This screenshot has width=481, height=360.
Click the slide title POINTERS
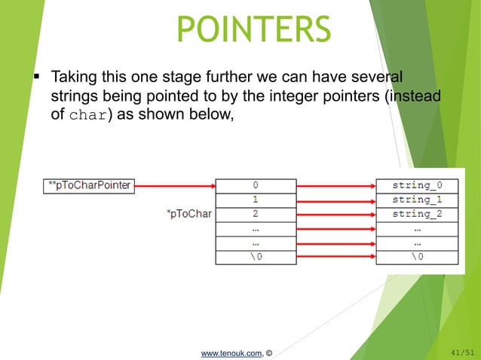point(253,29)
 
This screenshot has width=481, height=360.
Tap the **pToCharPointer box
point(87,185)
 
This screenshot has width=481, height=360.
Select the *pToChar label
point(188,213)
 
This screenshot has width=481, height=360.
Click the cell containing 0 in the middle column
point(255,185)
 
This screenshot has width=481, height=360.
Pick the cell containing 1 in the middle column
point(255,199)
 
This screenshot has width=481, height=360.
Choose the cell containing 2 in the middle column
point(255,213)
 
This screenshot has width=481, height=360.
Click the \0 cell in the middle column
point(255,256)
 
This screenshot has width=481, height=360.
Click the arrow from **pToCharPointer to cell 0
point(175,185)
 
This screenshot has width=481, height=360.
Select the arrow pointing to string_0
point(335,185)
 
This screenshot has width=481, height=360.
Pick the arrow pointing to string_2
point(335,213)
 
